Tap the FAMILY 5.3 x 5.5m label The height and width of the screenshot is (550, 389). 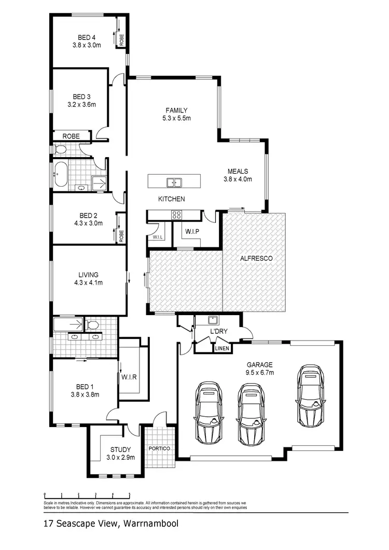coord(176,114)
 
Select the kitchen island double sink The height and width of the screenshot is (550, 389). coord(174,182)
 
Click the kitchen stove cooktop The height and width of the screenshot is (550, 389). coord(176,214)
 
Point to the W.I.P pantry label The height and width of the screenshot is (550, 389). coord(192,231)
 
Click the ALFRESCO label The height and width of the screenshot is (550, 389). coord(256,258)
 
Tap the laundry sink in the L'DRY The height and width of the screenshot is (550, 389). coord(212,319)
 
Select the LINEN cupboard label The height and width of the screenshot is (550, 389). coord(221,348)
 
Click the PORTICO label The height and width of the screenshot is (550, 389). coord(159,448)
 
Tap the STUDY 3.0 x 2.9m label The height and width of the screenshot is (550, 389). coord(120,454)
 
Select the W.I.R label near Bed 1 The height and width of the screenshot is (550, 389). coord(129,377)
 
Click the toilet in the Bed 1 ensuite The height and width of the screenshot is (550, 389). coord(93,326)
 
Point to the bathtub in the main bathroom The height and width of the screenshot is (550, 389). coord(61,174)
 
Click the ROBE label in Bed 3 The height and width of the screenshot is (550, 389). coord(71,136)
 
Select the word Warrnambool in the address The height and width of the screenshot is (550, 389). coord(150,524)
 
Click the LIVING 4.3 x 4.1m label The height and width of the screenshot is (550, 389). coord(88,278)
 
